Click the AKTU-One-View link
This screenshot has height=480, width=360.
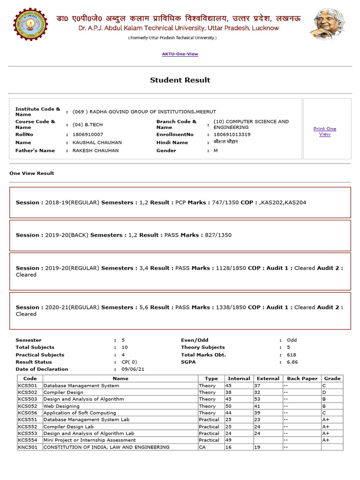click(x=180, y=54)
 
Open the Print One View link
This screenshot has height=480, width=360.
click(x=324, y=131)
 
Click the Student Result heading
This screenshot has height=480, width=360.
click(x=180, y=80)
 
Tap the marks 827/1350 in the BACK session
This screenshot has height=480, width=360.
click(x=217, y=235)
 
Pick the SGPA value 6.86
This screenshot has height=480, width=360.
click(x=292, y=362)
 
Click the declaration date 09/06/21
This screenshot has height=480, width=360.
click(x=133, y=369)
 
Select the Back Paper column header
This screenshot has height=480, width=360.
click(x=302, y=378)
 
